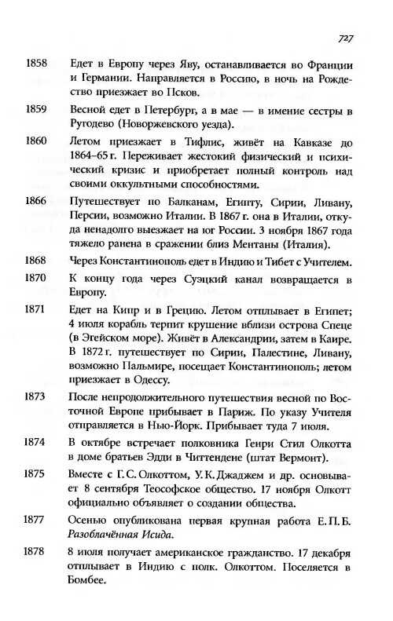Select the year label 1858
coord(37,63)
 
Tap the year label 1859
coord(37,108)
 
